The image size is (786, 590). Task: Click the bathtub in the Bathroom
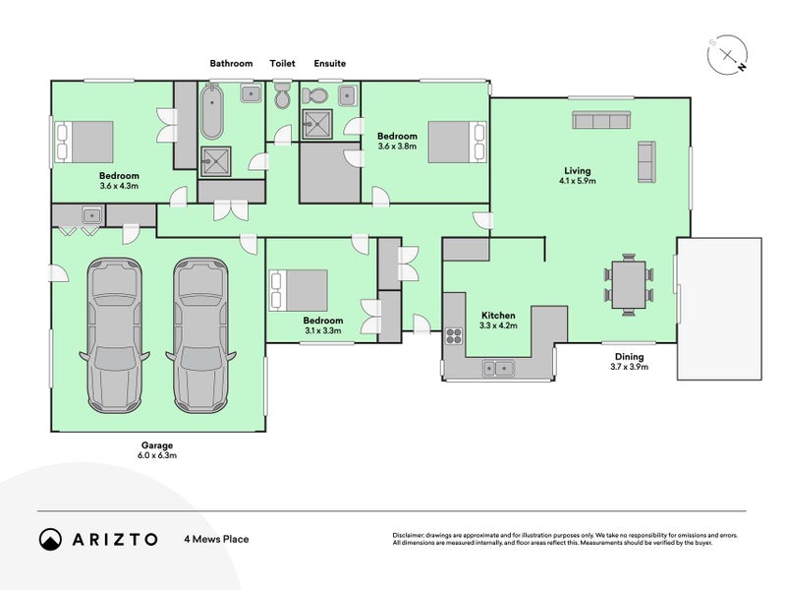211,112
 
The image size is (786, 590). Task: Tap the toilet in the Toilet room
282,95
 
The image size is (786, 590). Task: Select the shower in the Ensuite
316,124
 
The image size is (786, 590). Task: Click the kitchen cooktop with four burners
454,335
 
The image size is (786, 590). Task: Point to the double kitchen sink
498,368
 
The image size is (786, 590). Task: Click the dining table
629,284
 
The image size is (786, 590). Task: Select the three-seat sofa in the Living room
601,120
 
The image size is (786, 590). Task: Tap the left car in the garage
114,335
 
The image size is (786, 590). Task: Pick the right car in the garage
200,335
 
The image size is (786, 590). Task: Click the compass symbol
727,55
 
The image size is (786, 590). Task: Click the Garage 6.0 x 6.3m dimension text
157,455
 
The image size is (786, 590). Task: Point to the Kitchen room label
498,315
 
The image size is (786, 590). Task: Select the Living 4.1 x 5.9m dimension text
578,181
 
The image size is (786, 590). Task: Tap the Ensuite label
330,63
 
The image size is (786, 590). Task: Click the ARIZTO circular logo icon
51,539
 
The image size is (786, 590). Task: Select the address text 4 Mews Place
216,539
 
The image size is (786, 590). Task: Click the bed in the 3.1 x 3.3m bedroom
299,290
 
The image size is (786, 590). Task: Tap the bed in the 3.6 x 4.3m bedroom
84,142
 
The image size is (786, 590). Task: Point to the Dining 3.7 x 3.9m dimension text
629,367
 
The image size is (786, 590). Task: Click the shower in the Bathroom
215,161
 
